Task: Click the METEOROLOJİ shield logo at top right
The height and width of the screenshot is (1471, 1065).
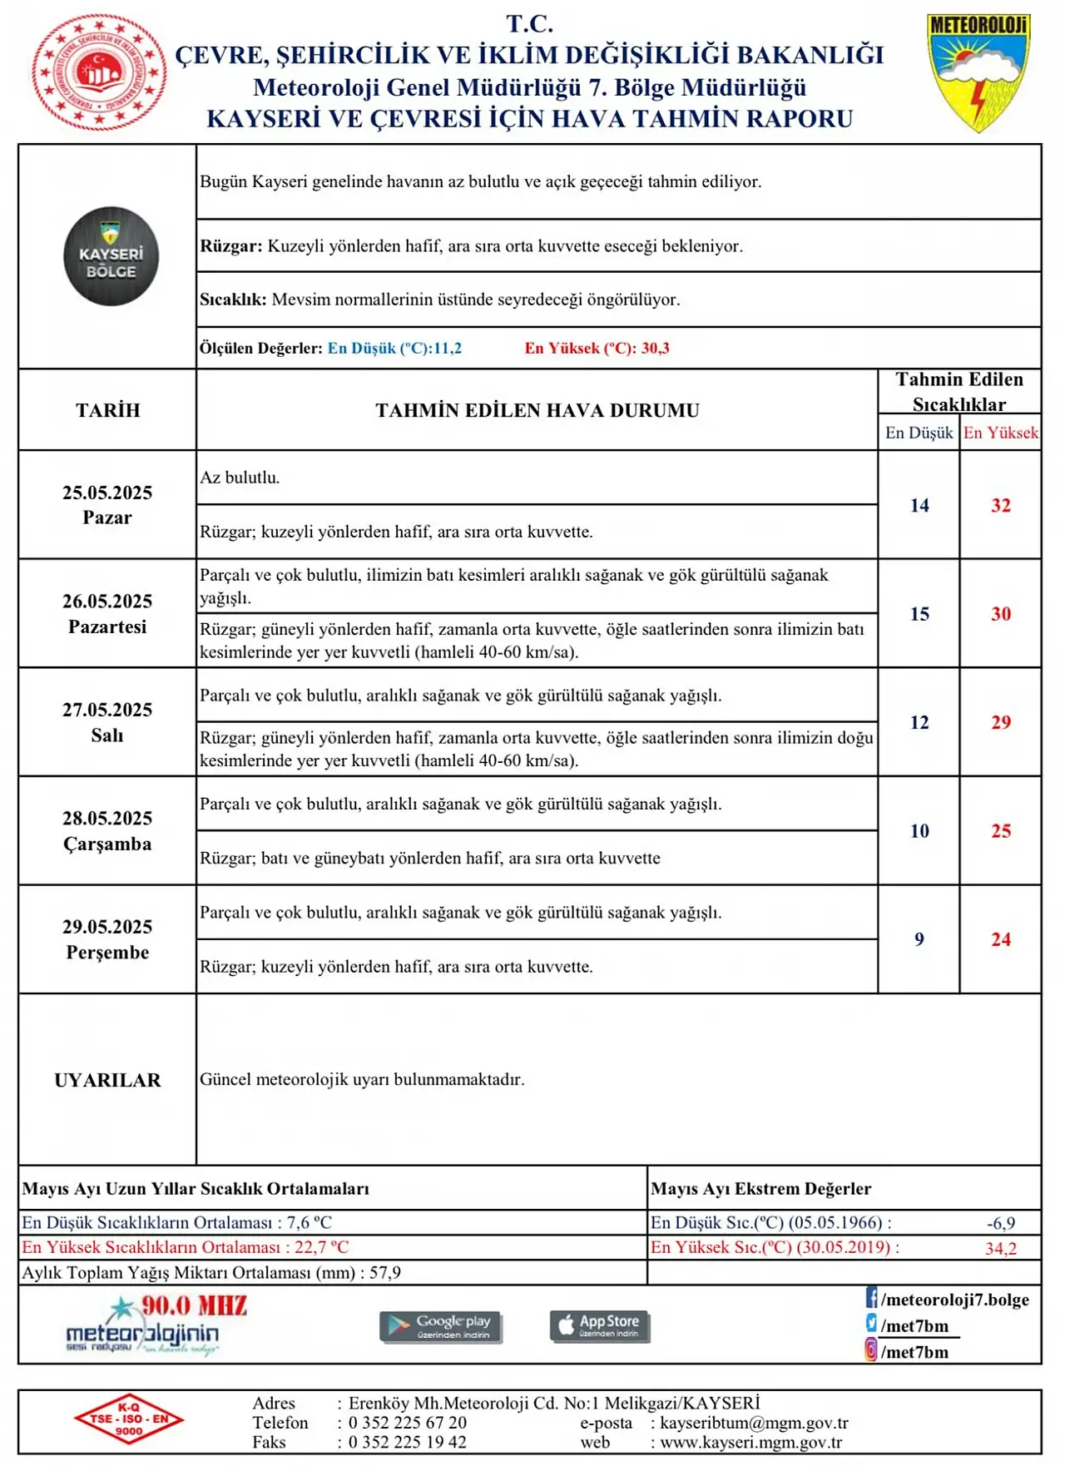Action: point(978,73)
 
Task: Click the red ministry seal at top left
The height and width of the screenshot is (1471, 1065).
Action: point(99,73)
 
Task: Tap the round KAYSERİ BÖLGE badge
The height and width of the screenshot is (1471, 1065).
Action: point(111,256)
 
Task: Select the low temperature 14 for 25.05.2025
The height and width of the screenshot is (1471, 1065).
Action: point(919,505)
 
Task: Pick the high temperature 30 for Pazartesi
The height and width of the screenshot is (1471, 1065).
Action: point(1000,614)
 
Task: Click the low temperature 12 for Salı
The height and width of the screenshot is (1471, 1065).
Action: point(919,722)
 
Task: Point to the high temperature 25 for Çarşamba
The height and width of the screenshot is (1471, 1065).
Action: point(1000,830)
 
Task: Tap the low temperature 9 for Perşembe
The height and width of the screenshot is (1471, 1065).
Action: point(919,939)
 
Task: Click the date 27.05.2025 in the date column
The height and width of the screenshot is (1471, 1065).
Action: point(107,710)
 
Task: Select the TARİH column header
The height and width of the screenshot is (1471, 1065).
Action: point(107,410)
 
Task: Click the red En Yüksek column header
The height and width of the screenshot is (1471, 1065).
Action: point(1000,433)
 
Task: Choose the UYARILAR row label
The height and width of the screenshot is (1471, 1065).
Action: point(107,1080)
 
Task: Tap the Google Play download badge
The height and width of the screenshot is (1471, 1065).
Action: point(441,1325)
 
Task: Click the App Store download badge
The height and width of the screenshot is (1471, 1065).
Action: point(600,1325)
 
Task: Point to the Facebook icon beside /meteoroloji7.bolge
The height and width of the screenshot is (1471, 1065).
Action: point(871,1298)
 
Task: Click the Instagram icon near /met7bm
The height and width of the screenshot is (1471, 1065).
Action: point(871,1350)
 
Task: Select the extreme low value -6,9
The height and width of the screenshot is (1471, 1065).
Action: point(1000,1223)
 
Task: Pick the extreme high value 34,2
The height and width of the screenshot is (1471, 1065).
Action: point(1000,1248)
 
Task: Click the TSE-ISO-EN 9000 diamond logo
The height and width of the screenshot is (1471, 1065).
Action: point(129,1419)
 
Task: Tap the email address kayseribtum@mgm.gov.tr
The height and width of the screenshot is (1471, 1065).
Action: point(754,1423)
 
